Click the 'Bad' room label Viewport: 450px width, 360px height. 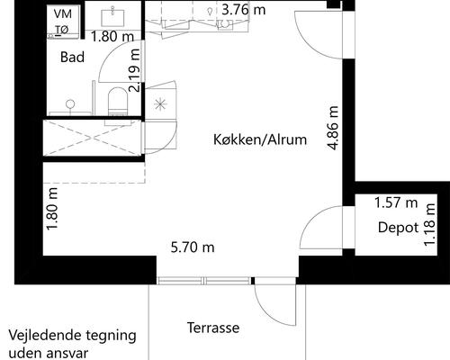tap(72, 57)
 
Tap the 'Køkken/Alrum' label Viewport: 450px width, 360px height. tap(261, 140)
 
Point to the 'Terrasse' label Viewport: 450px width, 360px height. tap(213, 328)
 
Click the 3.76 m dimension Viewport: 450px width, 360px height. tap(244, 10)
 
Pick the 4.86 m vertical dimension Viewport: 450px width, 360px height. tap(334, 128)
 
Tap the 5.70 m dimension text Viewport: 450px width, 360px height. tap(193, 247)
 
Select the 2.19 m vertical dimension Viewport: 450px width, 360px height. tap(136, 78)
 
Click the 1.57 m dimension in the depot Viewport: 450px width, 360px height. tap(396, 203)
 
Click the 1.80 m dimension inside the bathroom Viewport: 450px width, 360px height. tap(114, 37)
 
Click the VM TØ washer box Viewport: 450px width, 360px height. tap(62, 22)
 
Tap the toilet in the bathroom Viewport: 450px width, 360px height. tap(117, 101)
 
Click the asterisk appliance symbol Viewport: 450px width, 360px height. tap(161, 104)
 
